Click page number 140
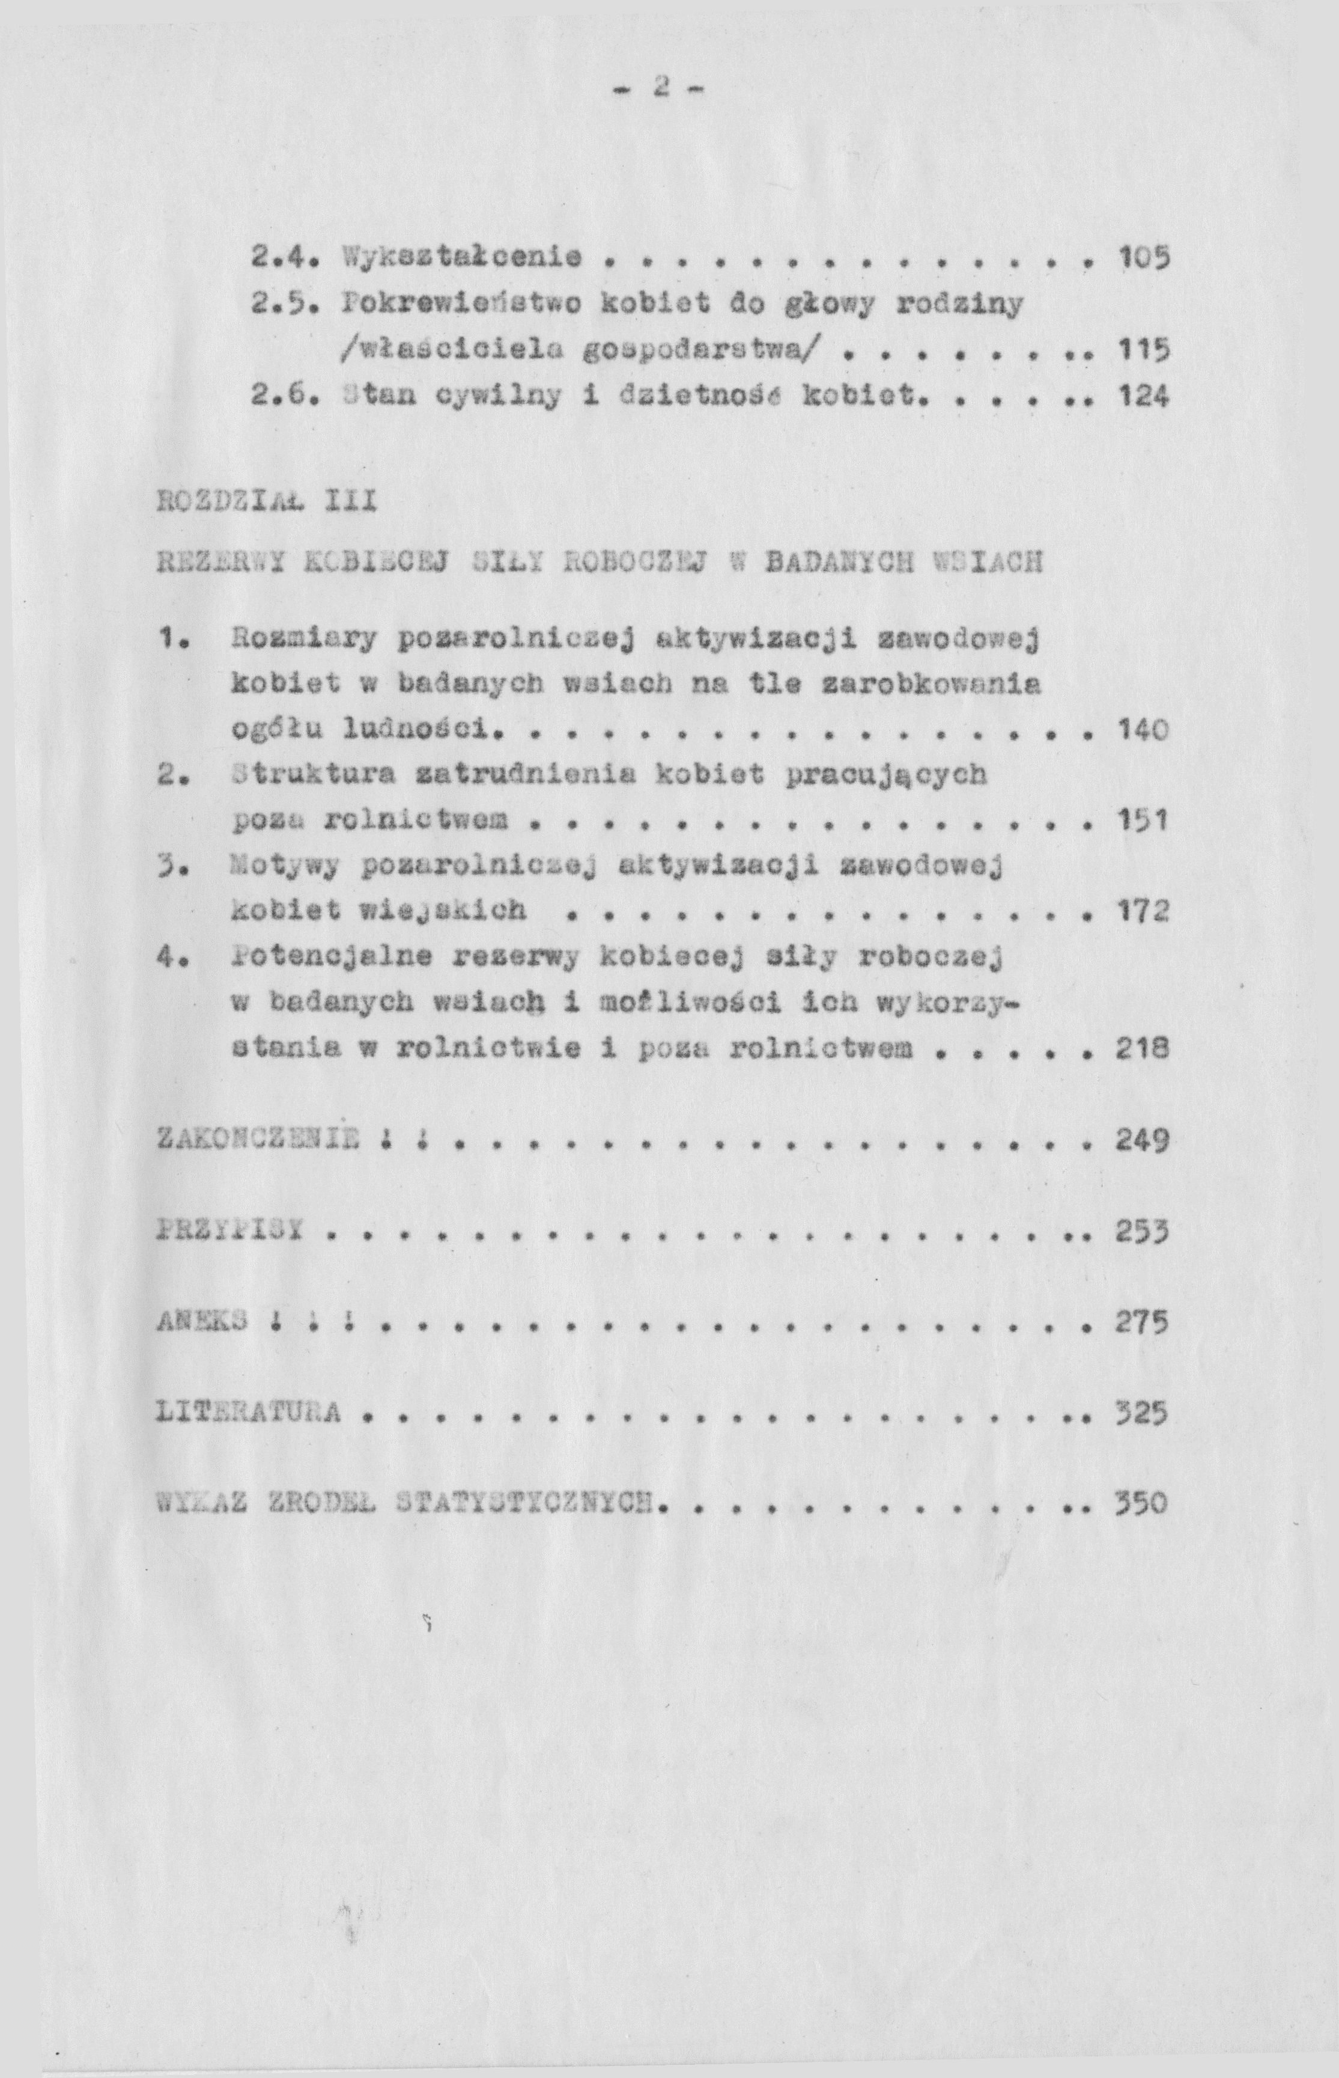pos(1140,730)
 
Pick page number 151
pos(1140,821)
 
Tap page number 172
pos(1140,912)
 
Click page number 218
pos(1140,1050)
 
